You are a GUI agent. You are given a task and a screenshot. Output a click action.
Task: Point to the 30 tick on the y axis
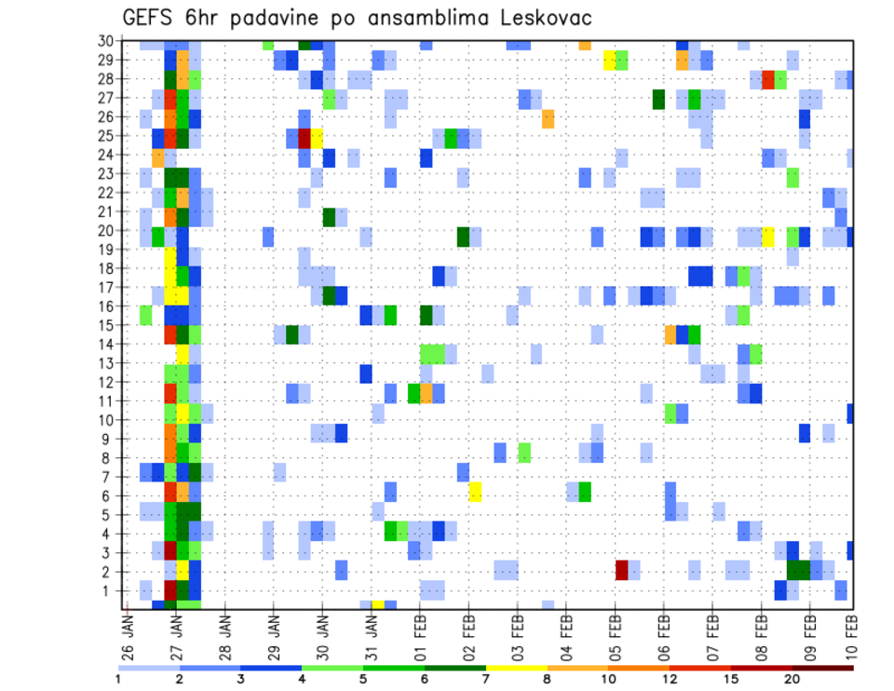pos(106,41)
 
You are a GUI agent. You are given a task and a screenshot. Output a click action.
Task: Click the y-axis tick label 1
pos(110,590)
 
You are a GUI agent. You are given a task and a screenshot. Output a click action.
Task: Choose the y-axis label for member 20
pos(106,231)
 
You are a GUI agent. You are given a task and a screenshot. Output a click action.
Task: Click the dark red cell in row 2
pos(621,570)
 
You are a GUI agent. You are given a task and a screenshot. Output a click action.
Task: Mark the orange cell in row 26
pos(548,118)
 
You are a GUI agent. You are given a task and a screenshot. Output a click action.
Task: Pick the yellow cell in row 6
pos(475,492)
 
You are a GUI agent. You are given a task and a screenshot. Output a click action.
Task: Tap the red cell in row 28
pos(767,79)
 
